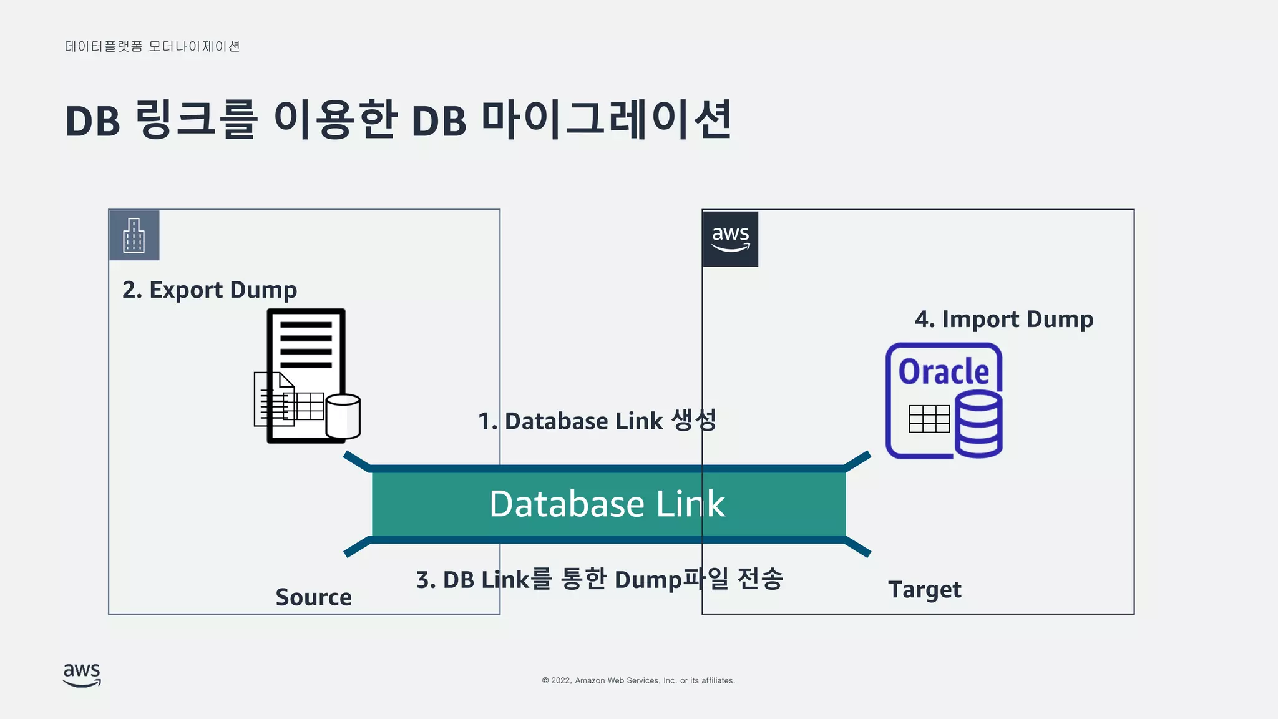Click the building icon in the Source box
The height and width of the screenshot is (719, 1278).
pyautogui.click(x=134, y=235)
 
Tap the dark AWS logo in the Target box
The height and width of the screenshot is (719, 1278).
pyautogui.click(x=730, y=239)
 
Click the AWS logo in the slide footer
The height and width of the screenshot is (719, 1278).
pyautogui.click(x=82, y=675)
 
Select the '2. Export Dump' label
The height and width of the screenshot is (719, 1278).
pyautogui.click(x=210, y=290)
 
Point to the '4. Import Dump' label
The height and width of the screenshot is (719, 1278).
pyautogui.click(x=1003, y=320)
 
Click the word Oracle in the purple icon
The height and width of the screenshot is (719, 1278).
pyautogui.click(x=944, y=372)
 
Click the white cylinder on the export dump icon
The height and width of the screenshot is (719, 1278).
pyautogui.click(x=343, y=416)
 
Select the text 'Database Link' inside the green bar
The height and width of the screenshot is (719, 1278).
pyautogui.click(x=607, y=504)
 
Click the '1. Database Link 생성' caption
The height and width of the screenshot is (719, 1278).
pyautogui.click(x=597, y=421)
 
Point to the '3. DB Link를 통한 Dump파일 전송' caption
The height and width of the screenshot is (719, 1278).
pyautogui.click(x=599, y=579)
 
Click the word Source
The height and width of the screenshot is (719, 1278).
pyautogui.click(x=313, y=597)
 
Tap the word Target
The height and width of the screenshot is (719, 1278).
pyautogui.click(x=924, y=590)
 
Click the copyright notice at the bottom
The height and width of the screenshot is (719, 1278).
pyautogui.click(x=638, y=680)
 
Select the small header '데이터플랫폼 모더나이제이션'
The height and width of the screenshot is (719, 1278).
pyautogui.click(x=152, y=47)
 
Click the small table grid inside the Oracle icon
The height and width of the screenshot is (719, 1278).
pyautogui.click(x=929, y=419)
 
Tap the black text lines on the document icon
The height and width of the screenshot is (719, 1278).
pyautogui.click(x=306, y=345)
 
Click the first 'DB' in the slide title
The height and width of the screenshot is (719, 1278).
pyautogui.click(x=92, y=121)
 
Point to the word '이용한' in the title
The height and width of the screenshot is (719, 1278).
pyautogui.click(x=335, y=119)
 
